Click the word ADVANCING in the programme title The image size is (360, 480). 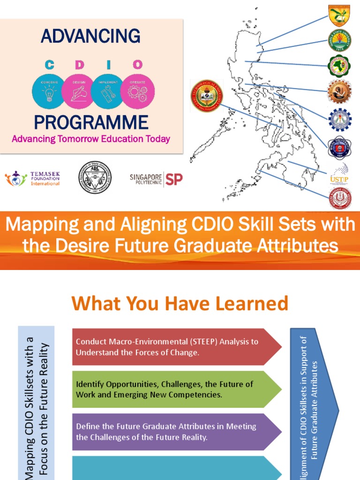[x=90, y=36]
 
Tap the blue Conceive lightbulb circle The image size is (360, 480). [x=49, y=91]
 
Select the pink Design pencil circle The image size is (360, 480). [x=78, y=91]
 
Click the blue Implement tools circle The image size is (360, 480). [x=108, y=91]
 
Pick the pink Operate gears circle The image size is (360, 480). [x=137, y=91]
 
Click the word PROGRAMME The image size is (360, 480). [x=91, y=122]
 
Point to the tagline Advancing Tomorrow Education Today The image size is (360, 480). [x=91, y=139]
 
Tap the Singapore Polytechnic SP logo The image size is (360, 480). [x=156, y=179]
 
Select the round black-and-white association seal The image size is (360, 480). [x=95, y=177]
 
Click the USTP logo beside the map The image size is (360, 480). [x=339, y=173]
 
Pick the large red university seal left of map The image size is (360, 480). [x=207, y=96]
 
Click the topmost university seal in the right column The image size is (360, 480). [x=339, y=15]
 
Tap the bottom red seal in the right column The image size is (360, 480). [x=339, y=198]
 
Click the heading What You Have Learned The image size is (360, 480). [x=180, y=304]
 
